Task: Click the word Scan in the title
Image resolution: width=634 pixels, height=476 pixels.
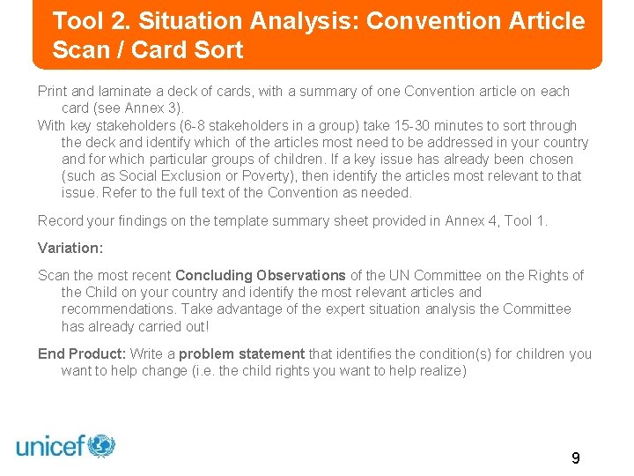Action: pos(77,50)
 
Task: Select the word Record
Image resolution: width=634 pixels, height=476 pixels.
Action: pos(62,220)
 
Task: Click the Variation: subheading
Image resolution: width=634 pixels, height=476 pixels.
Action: pos(70,248)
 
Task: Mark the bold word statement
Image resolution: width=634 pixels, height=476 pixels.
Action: pos(269,354)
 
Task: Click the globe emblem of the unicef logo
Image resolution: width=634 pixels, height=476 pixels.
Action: pos(101,445)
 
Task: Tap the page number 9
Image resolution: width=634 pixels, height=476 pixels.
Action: pos(575,457)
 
